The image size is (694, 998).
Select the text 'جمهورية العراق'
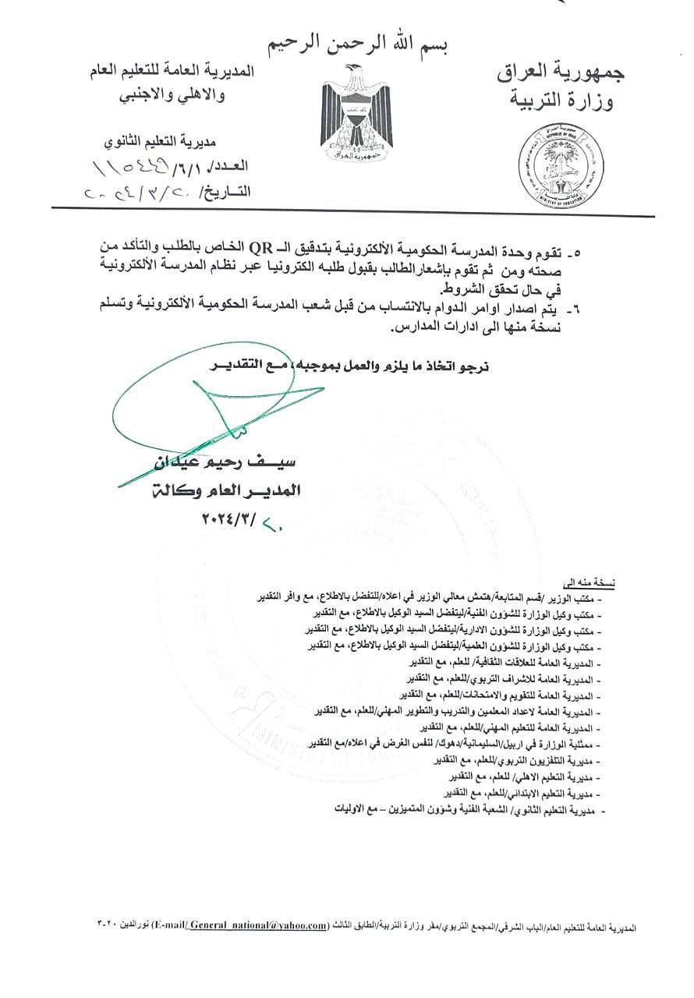click(x=560, y=74)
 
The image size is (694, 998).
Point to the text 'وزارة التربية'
click(x=565, y=101)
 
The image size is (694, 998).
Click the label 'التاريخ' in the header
click(x=225, y=191)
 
